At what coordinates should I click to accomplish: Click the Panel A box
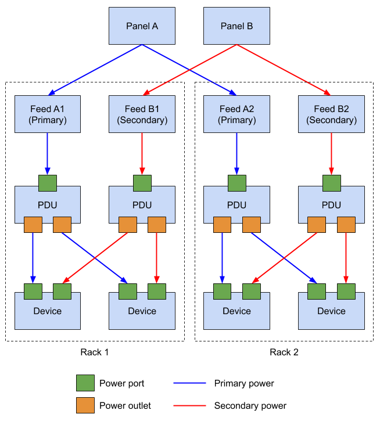pyautogui.click(x=142, y=26)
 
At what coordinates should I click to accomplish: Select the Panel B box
pyautogui.click(x=236, y=26)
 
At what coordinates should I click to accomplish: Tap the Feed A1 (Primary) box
pyautogui.click(x=48, y=114)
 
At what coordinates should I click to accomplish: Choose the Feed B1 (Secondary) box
pyautogui.click(x=142, y=114)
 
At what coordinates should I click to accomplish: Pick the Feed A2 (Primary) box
pyautogui.click(x=236, y=114)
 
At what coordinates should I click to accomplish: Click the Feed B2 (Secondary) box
pyautogui.click(x=331, y=114)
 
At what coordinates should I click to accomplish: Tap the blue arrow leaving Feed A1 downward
pyautogui.click(x=48, y=152)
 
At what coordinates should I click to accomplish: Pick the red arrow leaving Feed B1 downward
pyautogui.click(x=142, y=152)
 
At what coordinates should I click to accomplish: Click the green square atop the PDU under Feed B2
pyautogui.click(x=331, y=183)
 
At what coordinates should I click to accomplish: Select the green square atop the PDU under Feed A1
pyautogui.click(x=48, y=183)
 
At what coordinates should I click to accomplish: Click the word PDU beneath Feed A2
pyautogui.click(x=236, y=205)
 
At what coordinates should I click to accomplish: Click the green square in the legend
pyautogui.click(x=85, y=383)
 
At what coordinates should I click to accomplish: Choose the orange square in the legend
pyautogui.click(x=85, y=405)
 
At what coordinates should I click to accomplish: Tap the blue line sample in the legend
pyautogui.click(x=189, y=383)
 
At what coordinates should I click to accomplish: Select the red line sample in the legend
pyautogui.click(x=189, y=405)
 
